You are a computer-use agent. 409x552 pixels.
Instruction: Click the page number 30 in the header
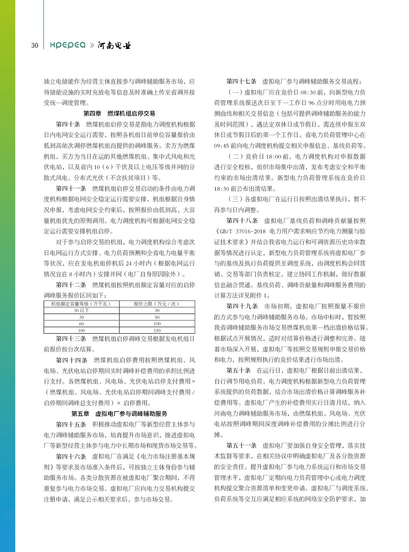(35, 45)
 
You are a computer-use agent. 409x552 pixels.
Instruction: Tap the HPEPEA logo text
(67, 45)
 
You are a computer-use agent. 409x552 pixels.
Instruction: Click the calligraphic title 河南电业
(114, 45)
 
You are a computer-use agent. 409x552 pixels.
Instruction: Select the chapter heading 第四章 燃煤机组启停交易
(119, 114)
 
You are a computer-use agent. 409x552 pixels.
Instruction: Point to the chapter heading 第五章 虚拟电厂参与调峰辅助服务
(119, 413)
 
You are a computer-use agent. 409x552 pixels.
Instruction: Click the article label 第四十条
(68, 124)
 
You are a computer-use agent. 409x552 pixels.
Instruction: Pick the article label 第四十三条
(71, 339)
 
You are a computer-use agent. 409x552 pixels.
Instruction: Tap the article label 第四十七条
(241, 81)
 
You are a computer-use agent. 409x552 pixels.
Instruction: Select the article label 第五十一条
(241, 446)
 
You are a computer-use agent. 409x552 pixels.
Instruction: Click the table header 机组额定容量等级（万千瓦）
(81, 304)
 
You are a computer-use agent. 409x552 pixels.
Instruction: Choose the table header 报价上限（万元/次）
(157, 304)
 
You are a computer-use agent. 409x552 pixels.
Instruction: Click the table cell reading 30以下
(81, 310)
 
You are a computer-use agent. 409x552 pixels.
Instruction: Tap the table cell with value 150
(157, 330)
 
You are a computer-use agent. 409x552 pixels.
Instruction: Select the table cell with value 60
(81, 324)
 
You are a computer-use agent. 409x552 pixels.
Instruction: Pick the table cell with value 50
(157, 317)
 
